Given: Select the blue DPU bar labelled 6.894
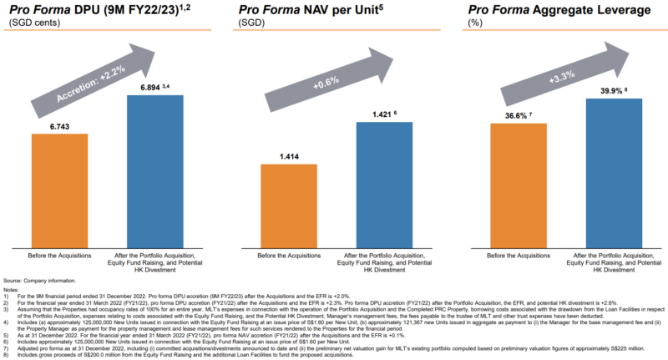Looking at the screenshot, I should pyautogui.click(x=154, y=170).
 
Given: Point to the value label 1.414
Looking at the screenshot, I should pyautogui.click(x=288, y=155).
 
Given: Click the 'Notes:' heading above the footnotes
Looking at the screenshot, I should pyautogui.click(x=13, y=289).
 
